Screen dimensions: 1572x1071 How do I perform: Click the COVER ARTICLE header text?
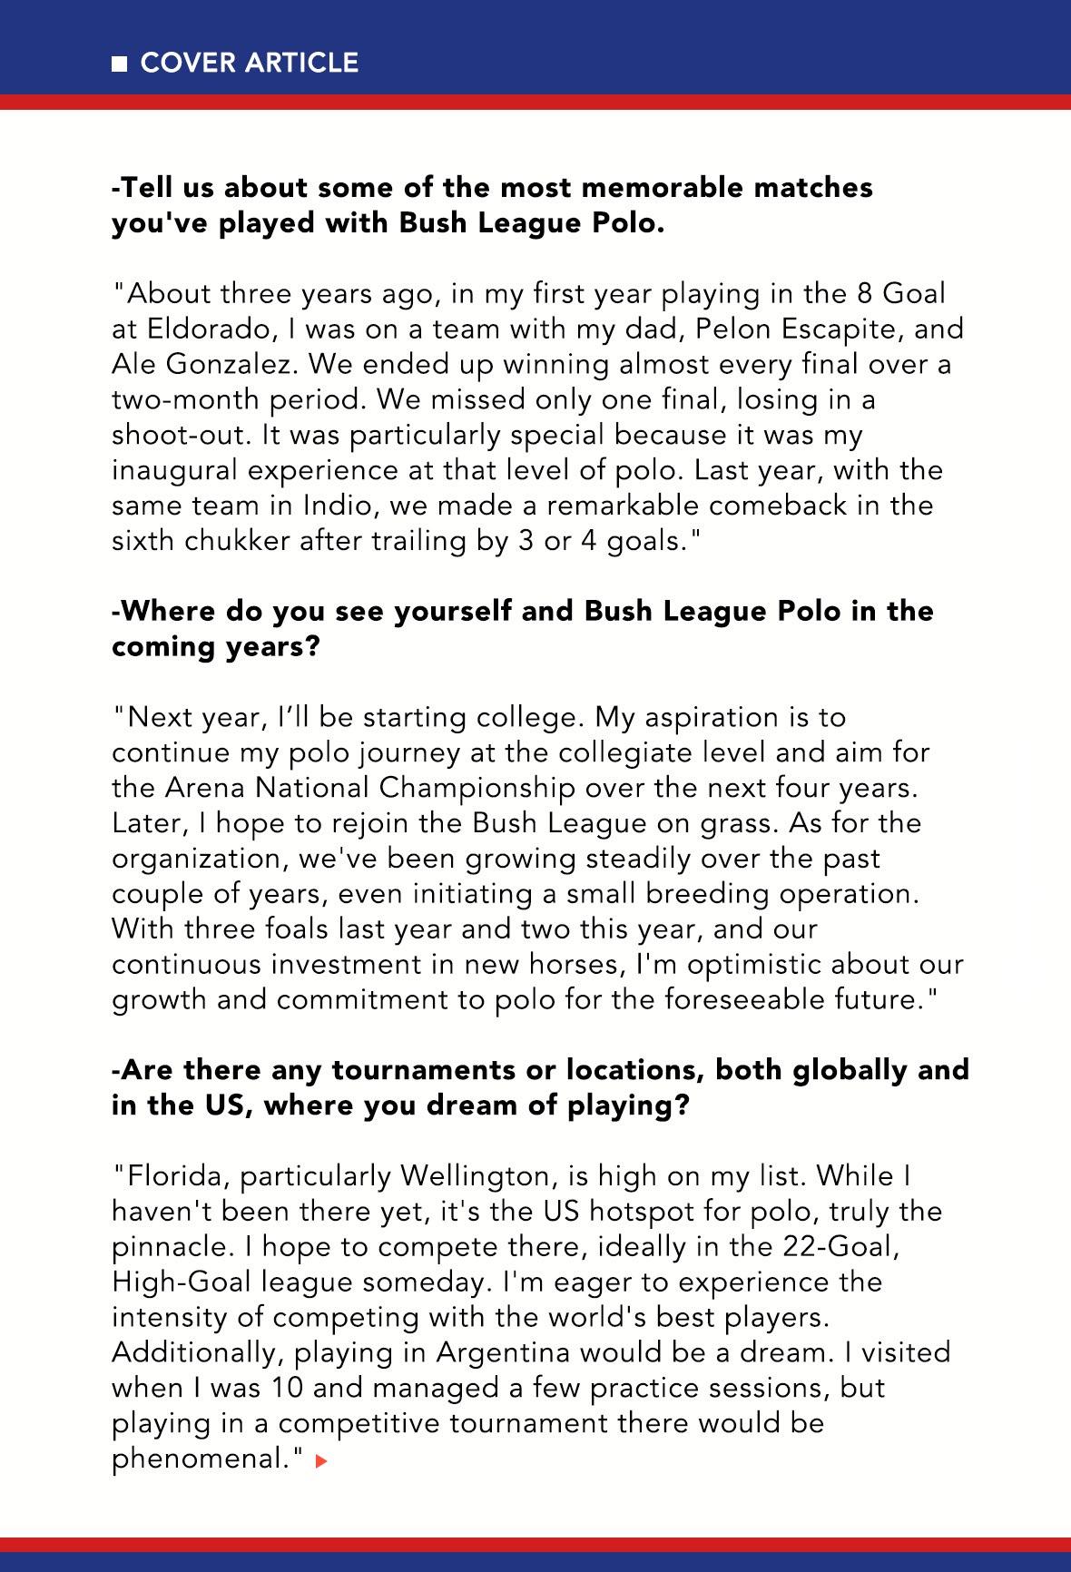[250, 63]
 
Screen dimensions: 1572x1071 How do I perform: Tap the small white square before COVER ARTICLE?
[119, 64]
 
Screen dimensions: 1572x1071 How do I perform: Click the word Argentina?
[502, 1353]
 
